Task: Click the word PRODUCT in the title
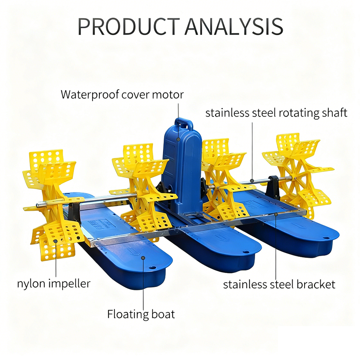coord(127,26)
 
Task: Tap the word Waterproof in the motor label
coord(90,94)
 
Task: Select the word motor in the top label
coord(168,94)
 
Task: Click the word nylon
coord(31,283)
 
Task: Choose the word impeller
coord(69,284)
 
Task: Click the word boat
coord(163,313)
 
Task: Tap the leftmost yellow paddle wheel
coord(52,202)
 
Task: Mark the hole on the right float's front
coord(328,238)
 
